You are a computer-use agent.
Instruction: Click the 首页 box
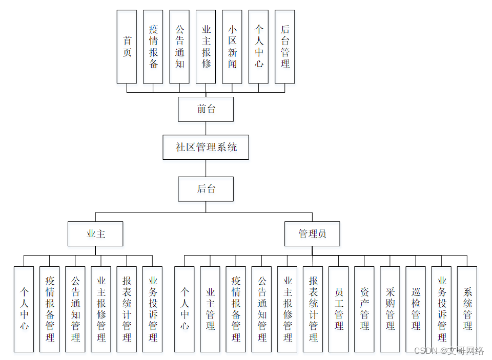[x=127, y=47]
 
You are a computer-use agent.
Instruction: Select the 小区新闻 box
[x=232, y=47]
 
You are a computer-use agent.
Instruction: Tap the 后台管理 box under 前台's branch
[x=285, y=47]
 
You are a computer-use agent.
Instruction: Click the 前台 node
[x=206, y=109]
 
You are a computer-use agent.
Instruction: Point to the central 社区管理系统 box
[x=206, y=147]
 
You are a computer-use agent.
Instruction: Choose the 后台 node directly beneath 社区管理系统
[x=206, y=189]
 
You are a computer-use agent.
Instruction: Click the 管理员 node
[x=312, y=234]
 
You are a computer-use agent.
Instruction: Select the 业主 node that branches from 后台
[x=96, y=234]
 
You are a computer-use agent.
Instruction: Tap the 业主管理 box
[x=210, y=309]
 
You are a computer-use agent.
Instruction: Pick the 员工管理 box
[x=339, y=309]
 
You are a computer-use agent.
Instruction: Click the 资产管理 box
[x=364, y=309]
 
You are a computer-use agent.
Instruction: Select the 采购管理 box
[x=390, y=309]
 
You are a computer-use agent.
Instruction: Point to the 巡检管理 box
[x=416, y=309]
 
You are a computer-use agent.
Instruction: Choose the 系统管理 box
[x=467, y=309]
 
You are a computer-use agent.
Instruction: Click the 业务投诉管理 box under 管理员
[x=442, y=309]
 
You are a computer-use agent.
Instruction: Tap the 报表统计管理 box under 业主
[x=127, y=309]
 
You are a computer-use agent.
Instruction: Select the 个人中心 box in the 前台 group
[x=259, y=47]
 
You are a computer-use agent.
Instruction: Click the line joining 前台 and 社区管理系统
[x=206, y=129]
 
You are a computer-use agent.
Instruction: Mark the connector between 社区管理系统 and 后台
[x=206, y=168]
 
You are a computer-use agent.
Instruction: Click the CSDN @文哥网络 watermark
[x=448, y=351]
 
